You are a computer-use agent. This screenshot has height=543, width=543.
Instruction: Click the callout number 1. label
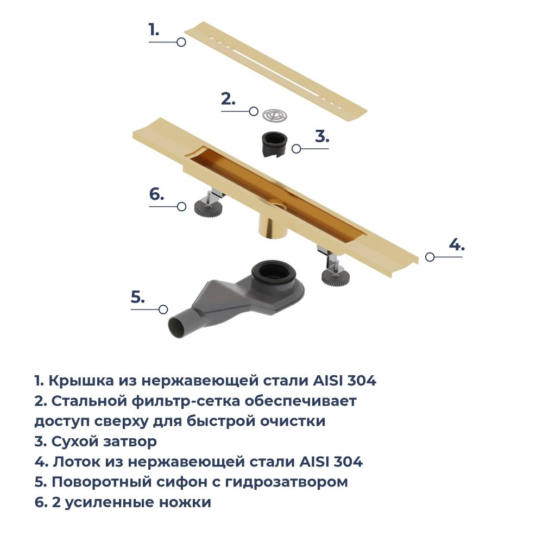pos(154,30)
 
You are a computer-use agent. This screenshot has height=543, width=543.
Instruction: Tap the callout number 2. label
pos(228,99)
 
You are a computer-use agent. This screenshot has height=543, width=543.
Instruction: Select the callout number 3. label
pos(323,137)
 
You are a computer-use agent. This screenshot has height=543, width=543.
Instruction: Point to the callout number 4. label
pos(457,245)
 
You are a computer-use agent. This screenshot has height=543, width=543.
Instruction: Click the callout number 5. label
pos(138,298)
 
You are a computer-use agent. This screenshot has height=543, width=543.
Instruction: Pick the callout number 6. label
pos(156,194)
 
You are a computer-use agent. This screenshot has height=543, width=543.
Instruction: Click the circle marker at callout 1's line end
pos(181,42)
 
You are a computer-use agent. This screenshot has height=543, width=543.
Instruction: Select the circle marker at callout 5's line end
pos(163,310)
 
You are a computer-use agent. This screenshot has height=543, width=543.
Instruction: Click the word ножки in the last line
pos(184,502)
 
